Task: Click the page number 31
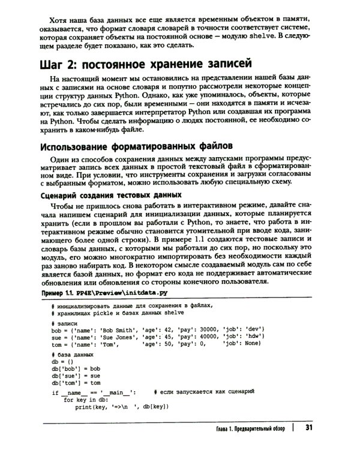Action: pos(309,427)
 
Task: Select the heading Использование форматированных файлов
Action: pos(136,146)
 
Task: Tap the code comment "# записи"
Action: pos(64,322)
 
